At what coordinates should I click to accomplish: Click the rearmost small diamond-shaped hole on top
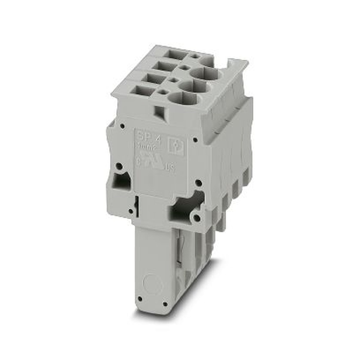(x=195, y=56)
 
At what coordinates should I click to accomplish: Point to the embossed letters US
(x=170, y=168)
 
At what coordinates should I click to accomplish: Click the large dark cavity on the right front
(x=185, y=207)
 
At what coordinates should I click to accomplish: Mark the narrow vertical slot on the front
(x=136, y=207)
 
